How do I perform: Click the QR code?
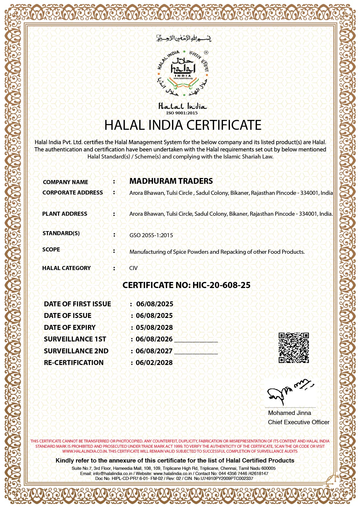point(294,348)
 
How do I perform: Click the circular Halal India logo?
point(183,73)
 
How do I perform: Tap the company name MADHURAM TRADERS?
point(171,181)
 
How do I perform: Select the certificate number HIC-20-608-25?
point(221,285)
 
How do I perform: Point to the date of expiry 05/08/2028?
point(154,328)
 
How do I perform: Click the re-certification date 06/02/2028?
point(154,363)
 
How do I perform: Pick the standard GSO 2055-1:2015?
point(151,235)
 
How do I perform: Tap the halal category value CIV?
point(133,268)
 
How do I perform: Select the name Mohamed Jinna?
point(289,413)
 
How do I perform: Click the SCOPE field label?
point(51,249)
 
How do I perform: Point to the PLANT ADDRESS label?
point(64,214)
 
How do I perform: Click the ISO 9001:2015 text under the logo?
point(182,113)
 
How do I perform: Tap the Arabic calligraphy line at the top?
point(183,38)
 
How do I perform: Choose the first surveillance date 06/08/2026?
point(154,339)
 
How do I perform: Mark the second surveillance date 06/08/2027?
point(154,351)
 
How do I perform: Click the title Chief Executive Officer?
point(298,422)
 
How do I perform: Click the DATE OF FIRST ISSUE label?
point(77,304)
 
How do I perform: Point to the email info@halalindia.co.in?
point(112,473)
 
